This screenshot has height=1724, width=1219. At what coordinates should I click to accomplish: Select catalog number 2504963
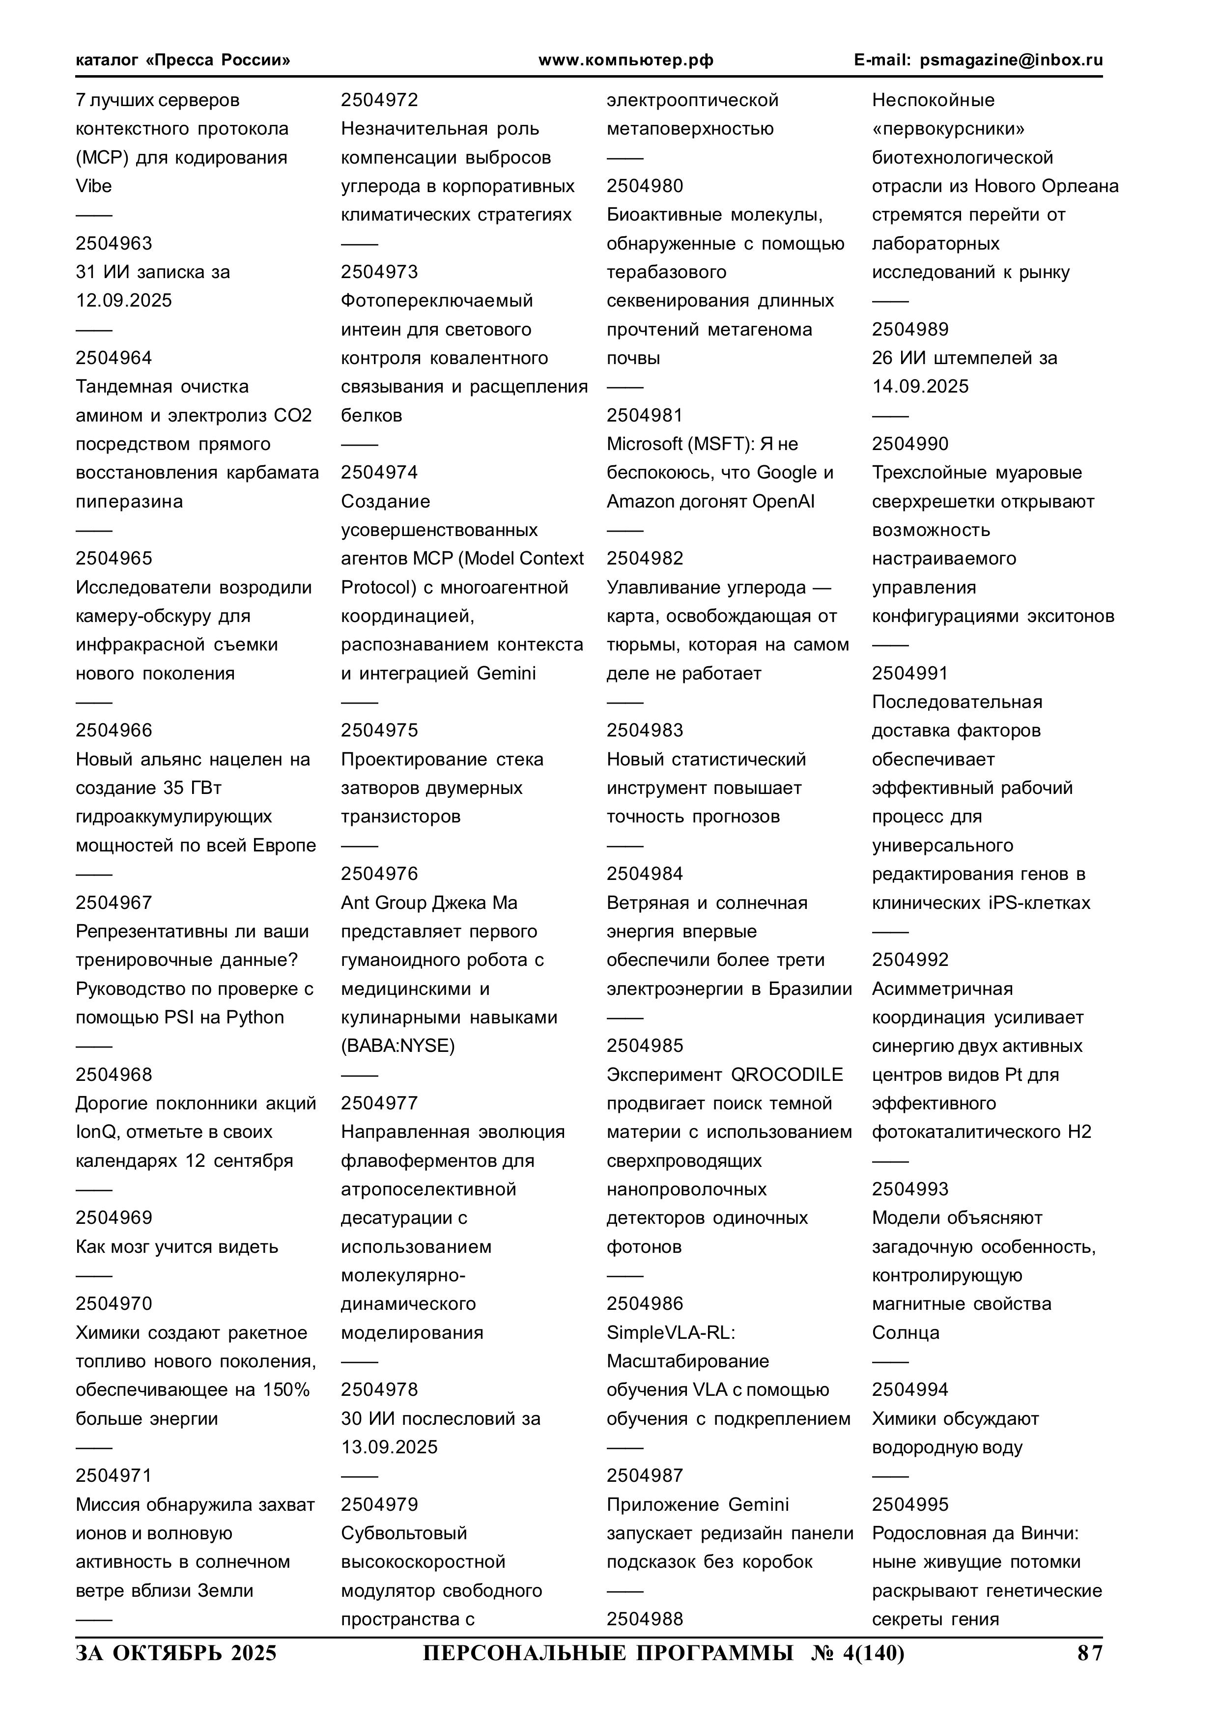pyautogui.click(x=113, y=243)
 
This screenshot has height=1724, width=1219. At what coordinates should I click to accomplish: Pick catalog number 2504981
pyautogui.click(x=645, y=415)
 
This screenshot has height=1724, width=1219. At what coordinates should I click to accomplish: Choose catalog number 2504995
pyautogui.click(x=910, y=1504)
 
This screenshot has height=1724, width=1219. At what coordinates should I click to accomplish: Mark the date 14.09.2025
pyautogui.click(x=920, y=386)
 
